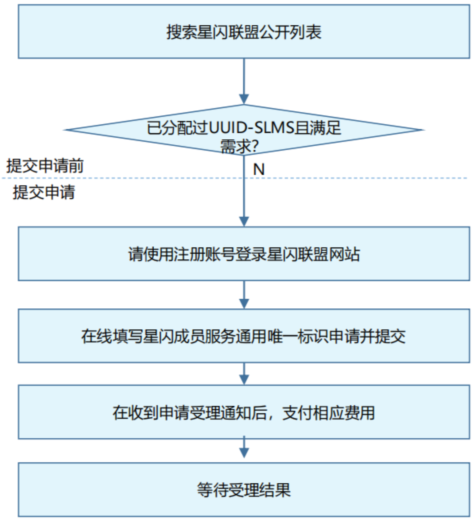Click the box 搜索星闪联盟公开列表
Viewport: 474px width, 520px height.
pos(243,32)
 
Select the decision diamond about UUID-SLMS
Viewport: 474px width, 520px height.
pos(243,130)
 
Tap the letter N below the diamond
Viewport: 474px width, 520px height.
pos(259,170)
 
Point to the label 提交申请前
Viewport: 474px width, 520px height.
pos(45,166)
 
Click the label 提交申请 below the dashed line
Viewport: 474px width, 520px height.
pos(44,192)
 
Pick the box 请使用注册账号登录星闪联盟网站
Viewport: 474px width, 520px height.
pos(243,254)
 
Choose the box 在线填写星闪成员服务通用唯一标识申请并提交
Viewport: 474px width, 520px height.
pos(243,336)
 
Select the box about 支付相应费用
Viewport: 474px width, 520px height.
pos(243,413)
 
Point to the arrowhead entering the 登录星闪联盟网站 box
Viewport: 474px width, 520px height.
pos(244,222)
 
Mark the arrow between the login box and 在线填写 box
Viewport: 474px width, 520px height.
pos(244,295)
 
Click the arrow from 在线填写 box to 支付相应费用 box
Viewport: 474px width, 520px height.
pos(244,374)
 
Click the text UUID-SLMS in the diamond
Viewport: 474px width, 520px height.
pos(251,128)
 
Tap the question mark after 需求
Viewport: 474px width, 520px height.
pos(254,147)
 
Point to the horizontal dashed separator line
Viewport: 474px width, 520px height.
pos(235,178)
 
